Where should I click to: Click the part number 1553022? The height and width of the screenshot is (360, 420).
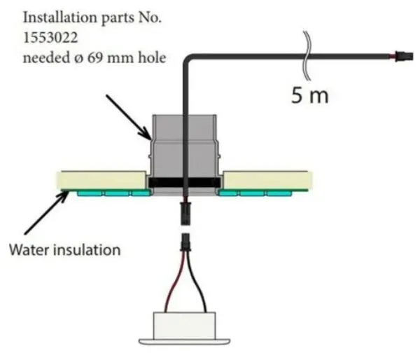click(50, 38)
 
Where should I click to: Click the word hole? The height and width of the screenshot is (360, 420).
click(152, 57)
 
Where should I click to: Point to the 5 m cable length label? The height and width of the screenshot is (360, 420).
click(309, 96)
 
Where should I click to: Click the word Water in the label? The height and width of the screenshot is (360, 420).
click(29, 250)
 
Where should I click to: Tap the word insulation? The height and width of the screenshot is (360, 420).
click(87, 250)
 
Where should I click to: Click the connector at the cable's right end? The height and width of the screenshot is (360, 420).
click(404, 57)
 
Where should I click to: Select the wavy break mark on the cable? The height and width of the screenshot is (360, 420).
click(307, 55)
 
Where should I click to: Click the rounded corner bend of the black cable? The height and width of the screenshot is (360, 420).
click(188, 58)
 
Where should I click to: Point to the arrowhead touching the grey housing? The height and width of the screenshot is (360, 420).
click(147, 135)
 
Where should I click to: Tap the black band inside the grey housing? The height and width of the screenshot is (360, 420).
click(185, 183)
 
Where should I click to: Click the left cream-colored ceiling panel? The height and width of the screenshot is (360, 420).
click(101, 180)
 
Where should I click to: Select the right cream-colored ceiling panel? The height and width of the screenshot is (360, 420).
click(267, 180)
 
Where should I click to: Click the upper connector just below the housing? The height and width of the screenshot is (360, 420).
click(185, 214)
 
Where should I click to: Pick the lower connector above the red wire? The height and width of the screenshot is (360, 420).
click(185, 242)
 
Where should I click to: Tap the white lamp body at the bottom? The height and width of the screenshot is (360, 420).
click(184, 326)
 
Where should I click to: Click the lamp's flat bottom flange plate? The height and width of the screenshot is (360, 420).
click(184, 342)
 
